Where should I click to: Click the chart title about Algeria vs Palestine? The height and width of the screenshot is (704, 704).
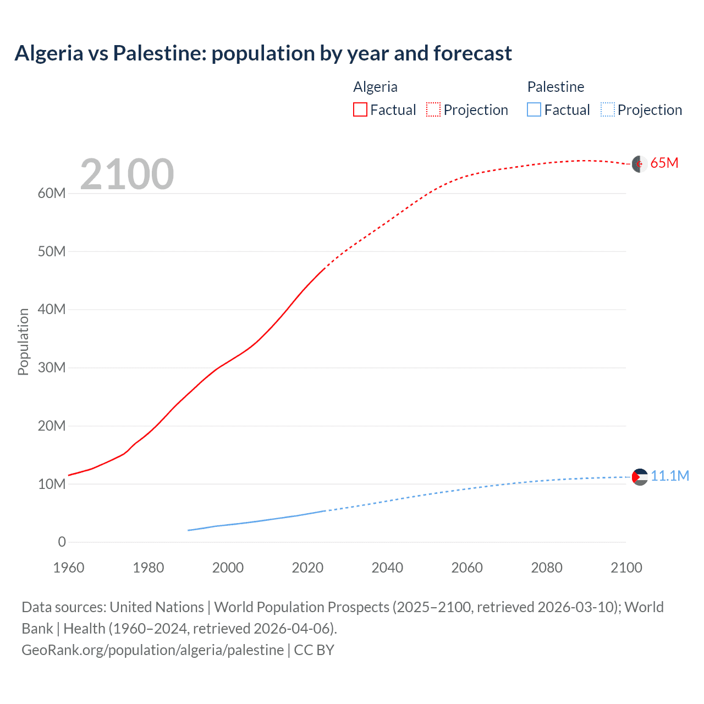(x=263, y=53)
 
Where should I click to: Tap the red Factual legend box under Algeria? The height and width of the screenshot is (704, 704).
(x=360, y=109)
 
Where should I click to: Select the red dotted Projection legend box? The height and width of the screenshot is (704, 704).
(x=433, y=109)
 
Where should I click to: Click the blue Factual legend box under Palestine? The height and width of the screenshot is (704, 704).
(x=533, y=109)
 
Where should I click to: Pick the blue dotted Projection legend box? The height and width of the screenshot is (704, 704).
(x=607, y=109)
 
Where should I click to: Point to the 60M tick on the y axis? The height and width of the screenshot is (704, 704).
(x=52, y=193)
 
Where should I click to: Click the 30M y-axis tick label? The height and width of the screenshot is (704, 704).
(x=52, y=367)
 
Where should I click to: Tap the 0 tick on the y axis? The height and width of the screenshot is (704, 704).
(x=62, y=542)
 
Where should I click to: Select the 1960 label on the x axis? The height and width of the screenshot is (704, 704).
(x=69, y=568)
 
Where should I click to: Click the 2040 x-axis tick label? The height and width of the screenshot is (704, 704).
(x=387, y=568)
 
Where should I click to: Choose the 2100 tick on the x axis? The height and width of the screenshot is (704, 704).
(x=626, y=568)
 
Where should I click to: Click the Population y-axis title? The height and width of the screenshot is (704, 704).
(x=23, y=342)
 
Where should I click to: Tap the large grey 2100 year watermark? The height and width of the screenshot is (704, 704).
(x=127, y=174)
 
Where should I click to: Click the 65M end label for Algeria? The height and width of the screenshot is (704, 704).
(x=664, y=163)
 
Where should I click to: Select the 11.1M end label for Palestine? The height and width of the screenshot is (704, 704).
(x=669, y=476)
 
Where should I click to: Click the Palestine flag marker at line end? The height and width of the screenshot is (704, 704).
(x=640, y=477)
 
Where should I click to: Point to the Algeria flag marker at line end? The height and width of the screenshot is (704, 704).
(x=639, y=164)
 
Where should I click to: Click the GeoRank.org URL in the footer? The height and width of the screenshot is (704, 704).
(x=152, y=650)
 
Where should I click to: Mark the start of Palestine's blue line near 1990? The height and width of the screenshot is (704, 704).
(x=189, y=530)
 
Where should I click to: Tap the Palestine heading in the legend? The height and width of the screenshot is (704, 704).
(x=555, y=87)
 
